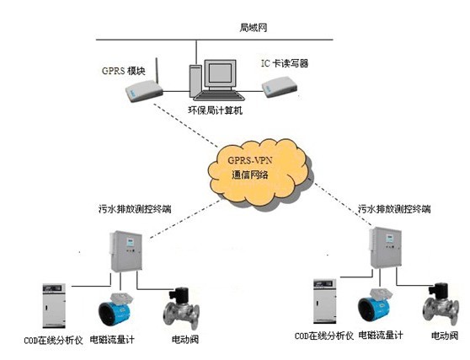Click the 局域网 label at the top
(254, 28)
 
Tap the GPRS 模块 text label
(124, 71)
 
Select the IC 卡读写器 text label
(285, 63)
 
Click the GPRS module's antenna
(157, 71)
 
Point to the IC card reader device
(280, 87)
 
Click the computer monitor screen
(220, 73)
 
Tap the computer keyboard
(219, 96)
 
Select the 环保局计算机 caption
(215, 110)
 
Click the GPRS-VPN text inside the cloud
(250, 160)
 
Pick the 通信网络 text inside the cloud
(249, 175)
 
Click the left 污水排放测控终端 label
(135, 209)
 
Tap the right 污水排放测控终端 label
(394, 209)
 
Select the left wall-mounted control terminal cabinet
(126, 251)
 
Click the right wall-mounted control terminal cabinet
(385, 248)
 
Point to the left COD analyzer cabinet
(54, 306)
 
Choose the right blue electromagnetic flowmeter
(374, 308)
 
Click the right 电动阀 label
(445, 336)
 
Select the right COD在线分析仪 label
(324, 336)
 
